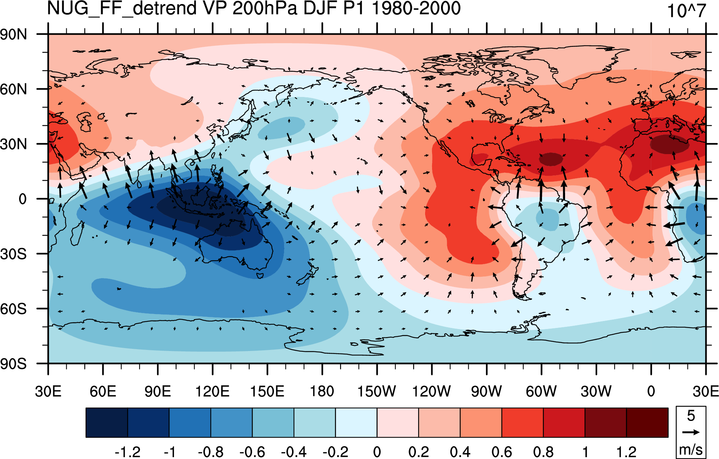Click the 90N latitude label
(14, 35)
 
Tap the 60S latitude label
(14, 309)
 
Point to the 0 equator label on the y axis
(23, 199)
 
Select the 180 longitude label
(322, 391)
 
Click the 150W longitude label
(377, 391)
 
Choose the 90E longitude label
(158, 391)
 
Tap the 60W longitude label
(541, 391)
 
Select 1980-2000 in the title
(416, 8)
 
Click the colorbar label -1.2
(128, 452)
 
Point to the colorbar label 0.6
(502, 452)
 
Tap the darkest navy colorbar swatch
(107, 423)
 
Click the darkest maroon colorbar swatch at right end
(647, 423)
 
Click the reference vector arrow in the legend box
(691, 432)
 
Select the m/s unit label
(691, 449)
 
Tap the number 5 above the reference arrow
(691, 416)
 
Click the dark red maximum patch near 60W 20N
(551, 159)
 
